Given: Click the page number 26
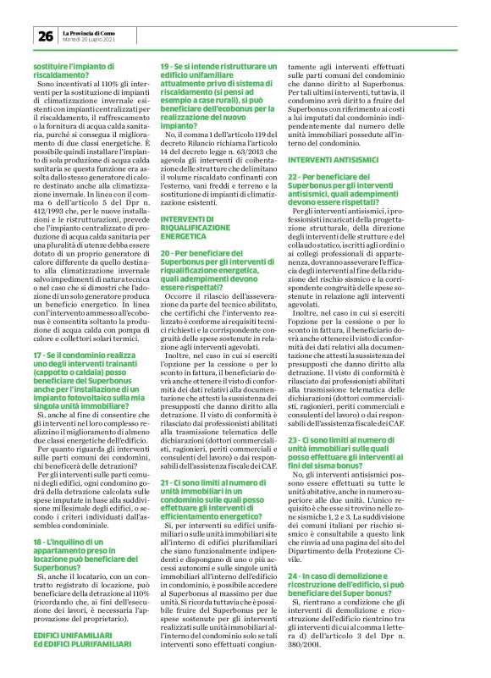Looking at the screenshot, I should click(x=45, y=36).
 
